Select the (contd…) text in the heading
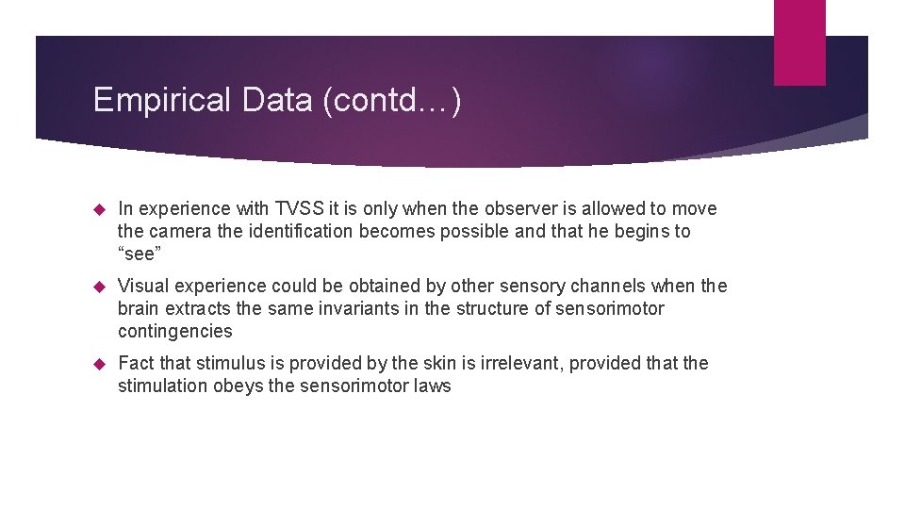(x=391, y=101)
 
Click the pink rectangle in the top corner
(x=798, y=42)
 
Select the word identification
(x=292, y=232)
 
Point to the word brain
(x=139, y=309)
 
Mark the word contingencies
(x=174, y=332)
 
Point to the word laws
(x=433, y=386)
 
